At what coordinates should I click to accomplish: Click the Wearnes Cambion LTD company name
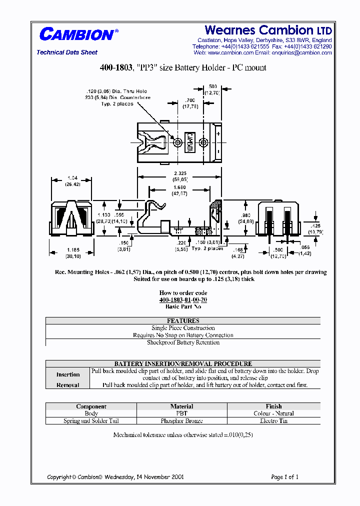point(268,30)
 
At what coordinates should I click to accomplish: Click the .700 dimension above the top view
point(190,101)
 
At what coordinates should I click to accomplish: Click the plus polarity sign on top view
point(219,134)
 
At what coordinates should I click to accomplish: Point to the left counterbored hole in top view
point(178,143)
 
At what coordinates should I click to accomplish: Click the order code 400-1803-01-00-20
point(183,300)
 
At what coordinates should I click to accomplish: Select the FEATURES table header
point(183,321)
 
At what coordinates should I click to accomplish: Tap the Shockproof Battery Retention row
point(183,342)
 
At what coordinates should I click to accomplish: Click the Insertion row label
point(68,374)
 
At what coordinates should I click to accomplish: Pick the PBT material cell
point(181,413)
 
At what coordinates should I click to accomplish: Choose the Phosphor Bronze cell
point(181,421)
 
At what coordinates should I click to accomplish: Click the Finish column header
point(273,406)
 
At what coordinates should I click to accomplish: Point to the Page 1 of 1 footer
point(284,477)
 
